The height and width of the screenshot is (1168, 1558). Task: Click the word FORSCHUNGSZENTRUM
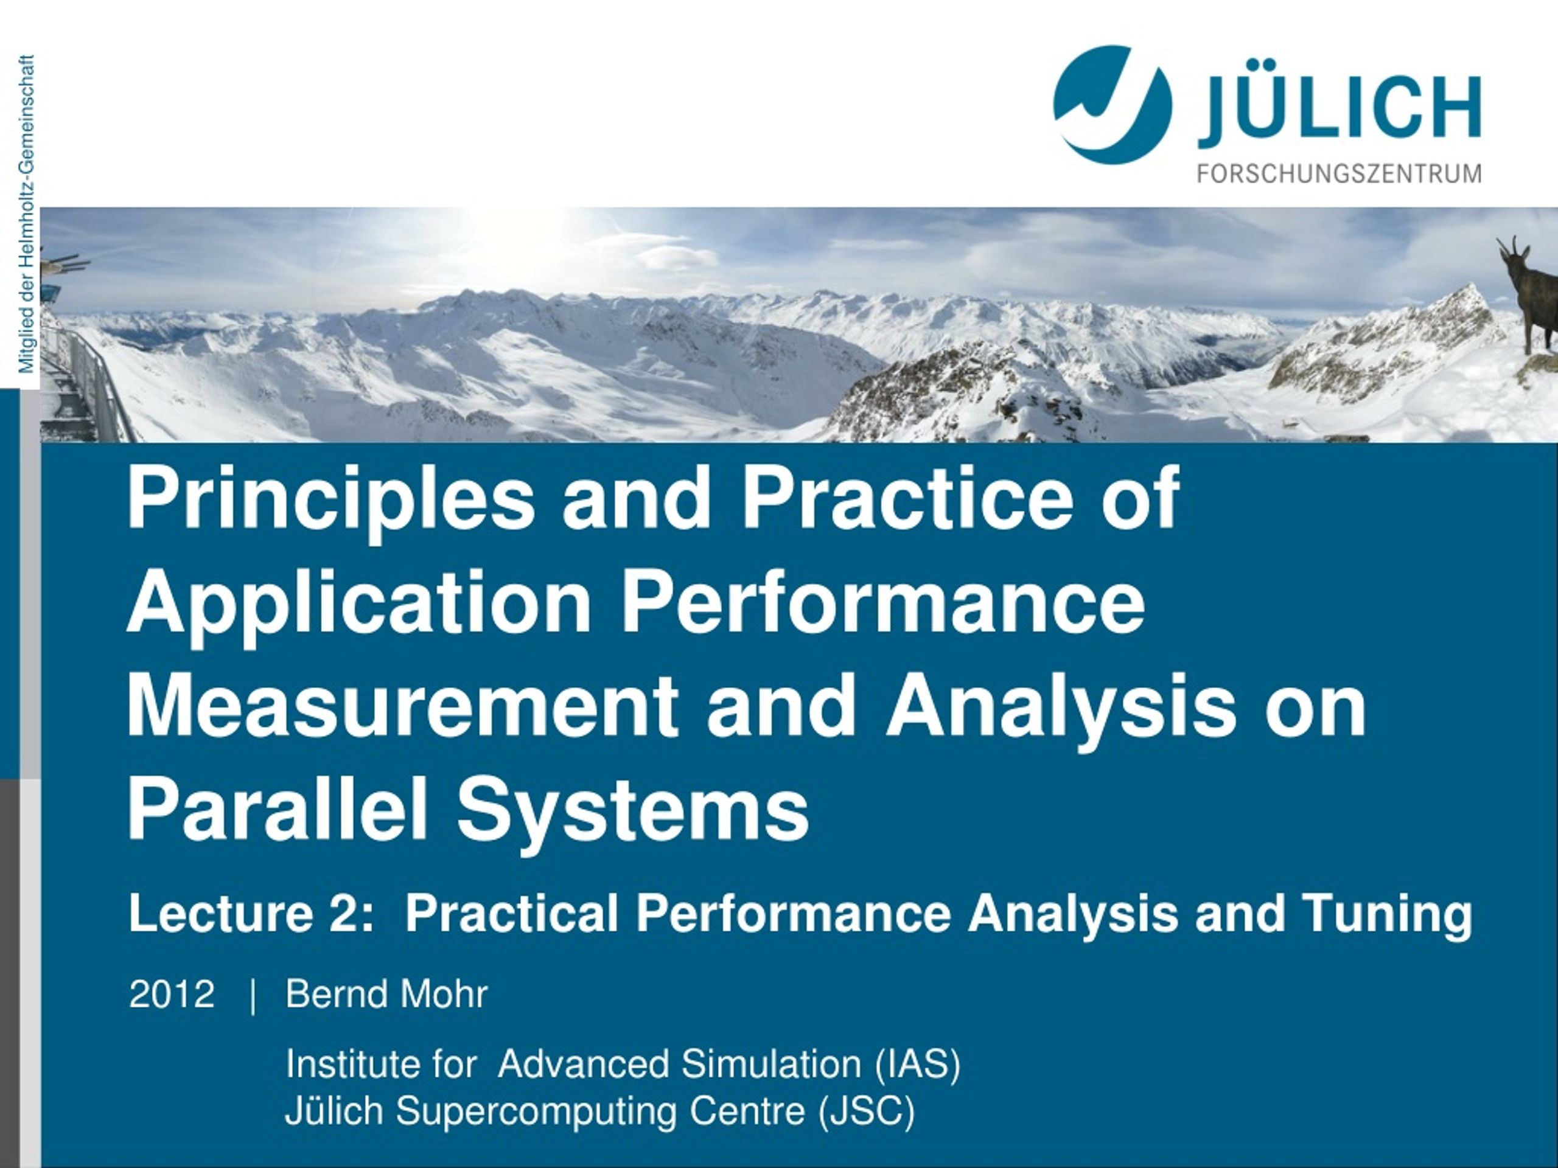tap(1339, 173)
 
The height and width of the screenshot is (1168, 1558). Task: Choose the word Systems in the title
tap(632, 810)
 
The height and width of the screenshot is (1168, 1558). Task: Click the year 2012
tap(171, 995)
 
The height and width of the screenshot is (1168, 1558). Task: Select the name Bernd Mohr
tap(386, 995)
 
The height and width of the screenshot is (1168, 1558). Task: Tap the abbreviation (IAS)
tap(917, 1065)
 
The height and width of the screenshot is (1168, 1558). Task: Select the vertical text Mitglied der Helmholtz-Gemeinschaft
tap(27, 214)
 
